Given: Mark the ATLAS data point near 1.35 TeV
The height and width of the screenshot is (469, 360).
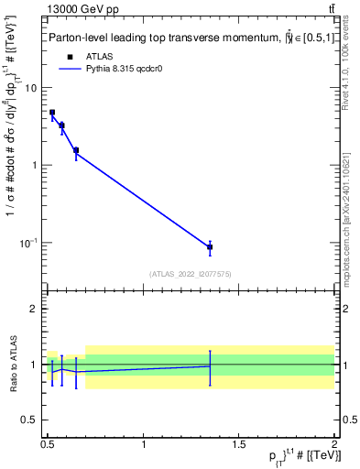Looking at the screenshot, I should click(210, 247).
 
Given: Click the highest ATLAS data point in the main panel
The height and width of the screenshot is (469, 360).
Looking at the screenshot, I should click(52, 113).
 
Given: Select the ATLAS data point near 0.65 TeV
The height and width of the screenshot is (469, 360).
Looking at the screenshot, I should click(76, 150).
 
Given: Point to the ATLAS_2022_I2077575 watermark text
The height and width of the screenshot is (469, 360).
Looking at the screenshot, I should click(191, 274).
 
